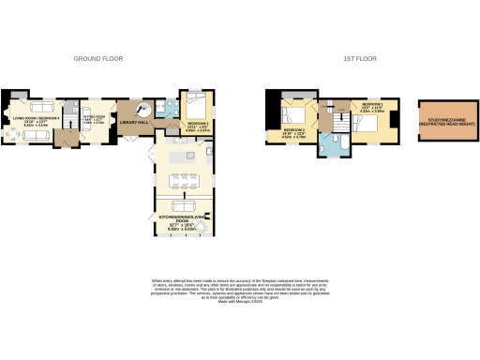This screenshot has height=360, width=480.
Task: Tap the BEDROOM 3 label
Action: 198,124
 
